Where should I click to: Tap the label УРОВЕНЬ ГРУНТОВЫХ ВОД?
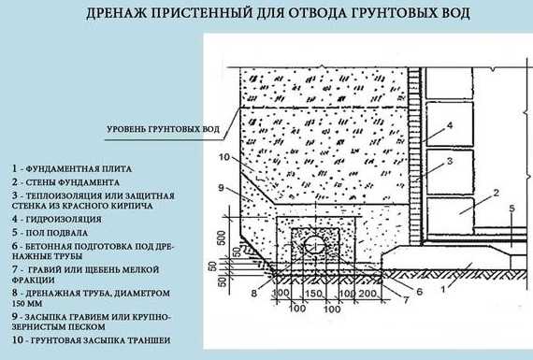163,130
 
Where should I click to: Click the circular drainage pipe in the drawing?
315,244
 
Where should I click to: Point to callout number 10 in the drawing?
224,157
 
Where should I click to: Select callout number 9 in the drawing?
221,187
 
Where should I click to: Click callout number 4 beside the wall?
450,125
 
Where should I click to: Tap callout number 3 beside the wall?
450,161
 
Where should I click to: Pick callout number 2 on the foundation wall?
496,193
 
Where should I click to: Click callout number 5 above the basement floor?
512,208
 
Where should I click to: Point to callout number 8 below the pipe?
254,293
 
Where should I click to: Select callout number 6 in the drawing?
419,292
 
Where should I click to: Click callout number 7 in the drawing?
406,300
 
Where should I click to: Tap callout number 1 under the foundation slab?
443,290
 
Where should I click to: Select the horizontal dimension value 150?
313,293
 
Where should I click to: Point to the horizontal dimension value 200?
367,293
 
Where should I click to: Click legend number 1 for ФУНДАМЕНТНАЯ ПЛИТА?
14,168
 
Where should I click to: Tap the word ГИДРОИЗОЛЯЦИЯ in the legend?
64,219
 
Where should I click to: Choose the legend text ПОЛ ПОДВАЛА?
57,233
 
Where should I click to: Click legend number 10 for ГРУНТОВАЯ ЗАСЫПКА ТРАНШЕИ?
18,340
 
